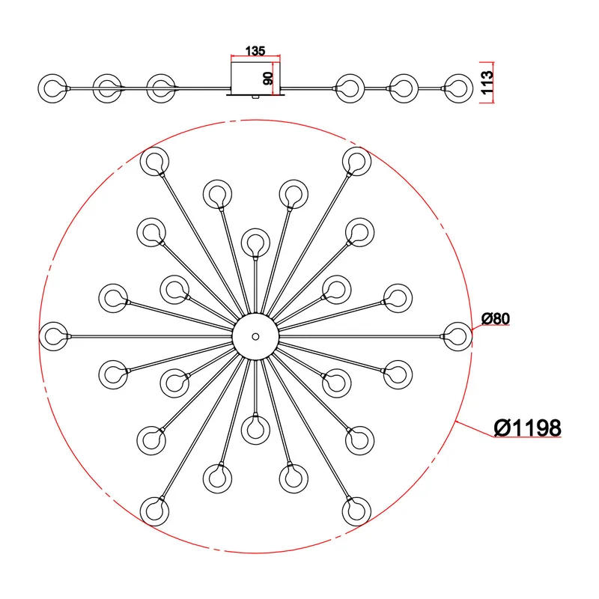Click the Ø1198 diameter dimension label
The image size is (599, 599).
528,428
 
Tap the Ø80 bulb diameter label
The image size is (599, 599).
496,318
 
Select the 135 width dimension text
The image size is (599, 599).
255,51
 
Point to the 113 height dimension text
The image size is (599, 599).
487,82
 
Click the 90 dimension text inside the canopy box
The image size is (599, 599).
269,79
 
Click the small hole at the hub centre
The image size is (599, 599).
255,336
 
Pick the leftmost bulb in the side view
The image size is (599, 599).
52,88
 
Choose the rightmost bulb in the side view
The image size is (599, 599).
459,88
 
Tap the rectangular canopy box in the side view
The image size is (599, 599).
256,78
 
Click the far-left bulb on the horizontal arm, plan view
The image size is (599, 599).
54,336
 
